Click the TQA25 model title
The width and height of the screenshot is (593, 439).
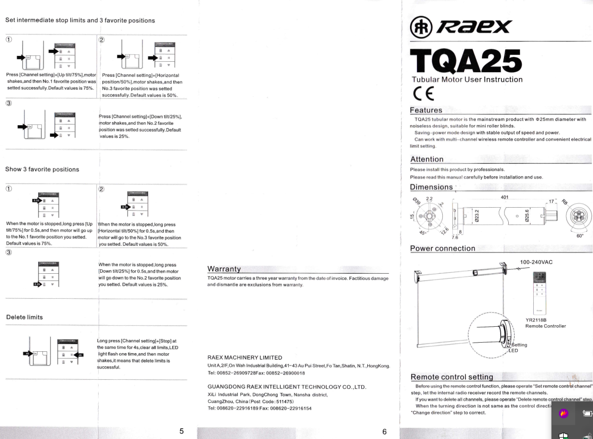click(x=465, y=62)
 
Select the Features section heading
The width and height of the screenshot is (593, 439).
click(x=426, y=110)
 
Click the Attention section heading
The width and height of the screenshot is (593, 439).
click(x=427, y=160)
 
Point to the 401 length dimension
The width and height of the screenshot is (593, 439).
click(x=504, y=197)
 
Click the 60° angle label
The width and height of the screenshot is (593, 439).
click(x=580, y=236)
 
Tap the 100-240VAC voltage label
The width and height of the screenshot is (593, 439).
click(x=536, y=262)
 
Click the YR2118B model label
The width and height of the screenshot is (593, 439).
click(x=536, y=319)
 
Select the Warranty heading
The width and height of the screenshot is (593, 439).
click(x=224, y=269)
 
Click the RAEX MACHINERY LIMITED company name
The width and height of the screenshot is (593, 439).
click(x=245, y=358)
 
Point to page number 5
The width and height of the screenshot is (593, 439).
click(x=181, y=431)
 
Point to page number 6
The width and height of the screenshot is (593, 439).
click(x=384, y=431)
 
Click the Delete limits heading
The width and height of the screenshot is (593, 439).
click(x=25, y=317)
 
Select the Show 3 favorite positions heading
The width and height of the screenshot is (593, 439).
click(x=42, y=169)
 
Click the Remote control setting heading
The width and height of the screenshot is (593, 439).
click(x=451, y=377)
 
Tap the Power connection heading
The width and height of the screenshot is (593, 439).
click(x=442, y=249)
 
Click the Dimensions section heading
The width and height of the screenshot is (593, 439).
click(x=431, y=187)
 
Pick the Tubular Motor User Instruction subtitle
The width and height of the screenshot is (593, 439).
click(x=467, y=80)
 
